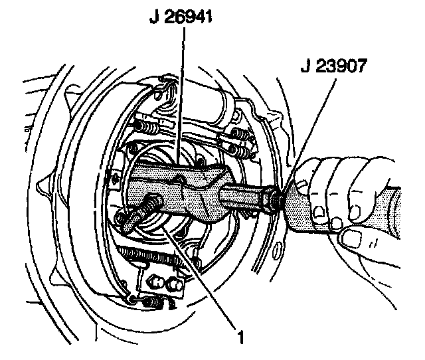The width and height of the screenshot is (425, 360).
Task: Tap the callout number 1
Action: (242, 337)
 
